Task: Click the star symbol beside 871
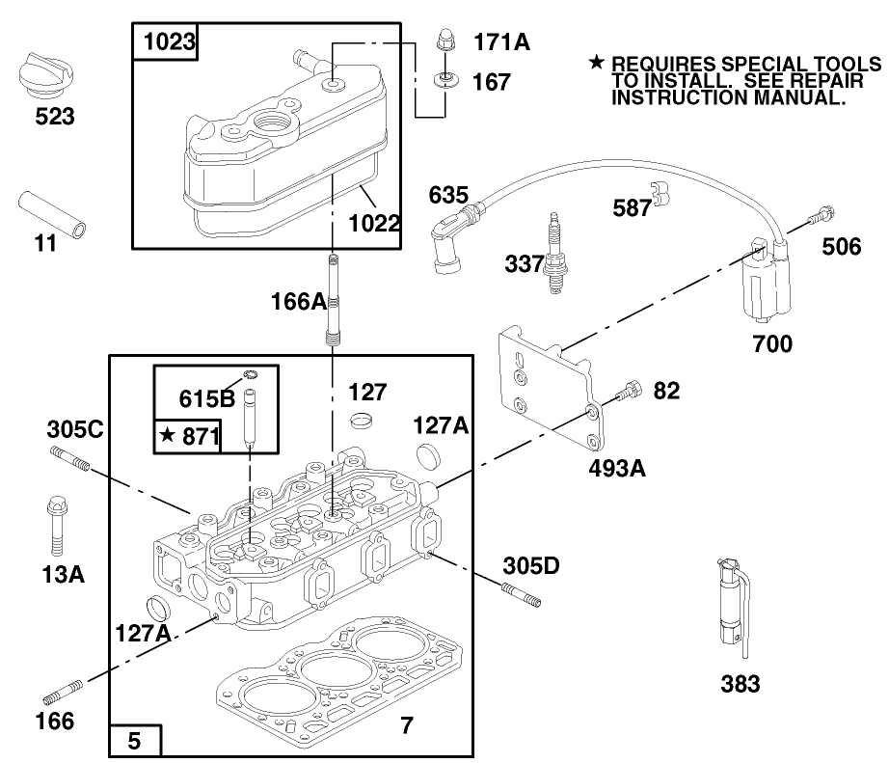(x=168, y=437)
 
